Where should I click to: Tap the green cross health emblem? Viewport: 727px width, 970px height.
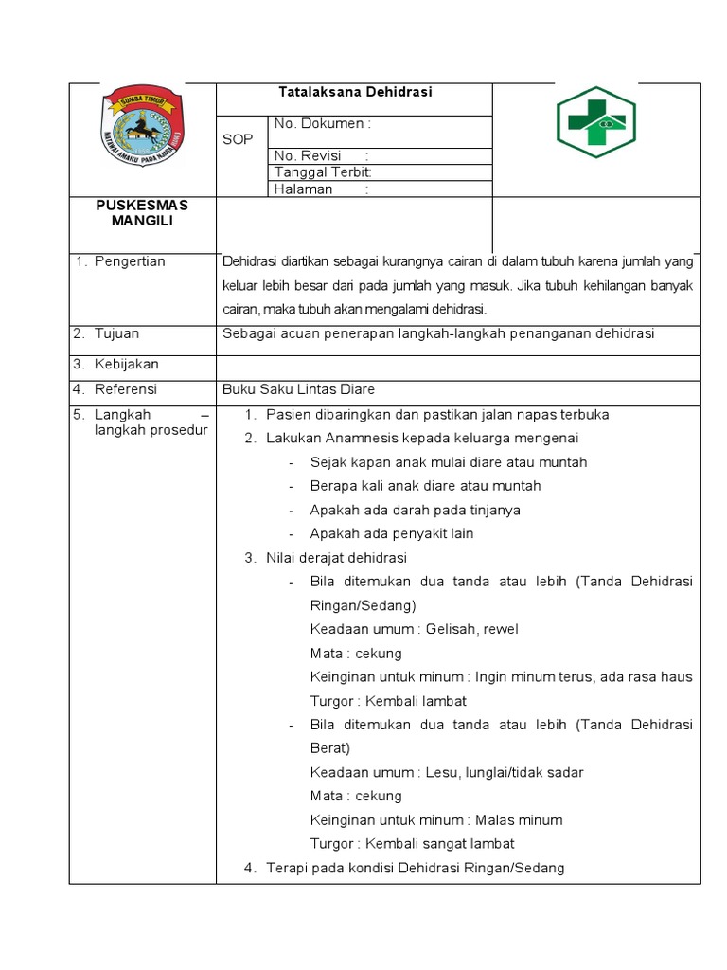point(594,123)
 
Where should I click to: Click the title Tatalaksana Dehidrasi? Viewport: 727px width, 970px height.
point(355,93)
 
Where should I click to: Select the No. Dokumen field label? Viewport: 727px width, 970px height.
point(322,123)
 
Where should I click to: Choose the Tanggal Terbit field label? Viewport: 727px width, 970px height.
point(323,172)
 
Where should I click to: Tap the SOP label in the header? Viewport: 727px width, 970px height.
point(238,139)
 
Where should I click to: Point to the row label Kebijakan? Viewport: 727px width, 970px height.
point(126,365)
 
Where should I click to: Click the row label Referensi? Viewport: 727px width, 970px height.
point(125,389)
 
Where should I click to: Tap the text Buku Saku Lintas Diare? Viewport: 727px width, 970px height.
point(299,389)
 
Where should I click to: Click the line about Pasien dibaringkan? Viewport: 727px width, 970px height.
point(437,415)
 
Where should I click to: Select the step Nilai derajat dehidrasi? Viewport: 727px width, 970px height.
point(336,558)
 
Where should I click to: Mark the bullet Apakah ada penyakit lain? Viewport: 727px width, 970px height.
point(392,533)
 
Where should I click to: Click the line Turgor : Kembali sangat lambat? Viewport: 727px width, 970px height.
point(412,844)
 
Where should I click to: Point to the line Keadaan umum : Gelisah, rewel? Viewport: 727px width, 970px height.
point(414,629)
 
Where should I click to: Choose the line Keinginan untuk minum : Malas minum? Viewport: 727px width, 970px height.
point(435,820)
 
